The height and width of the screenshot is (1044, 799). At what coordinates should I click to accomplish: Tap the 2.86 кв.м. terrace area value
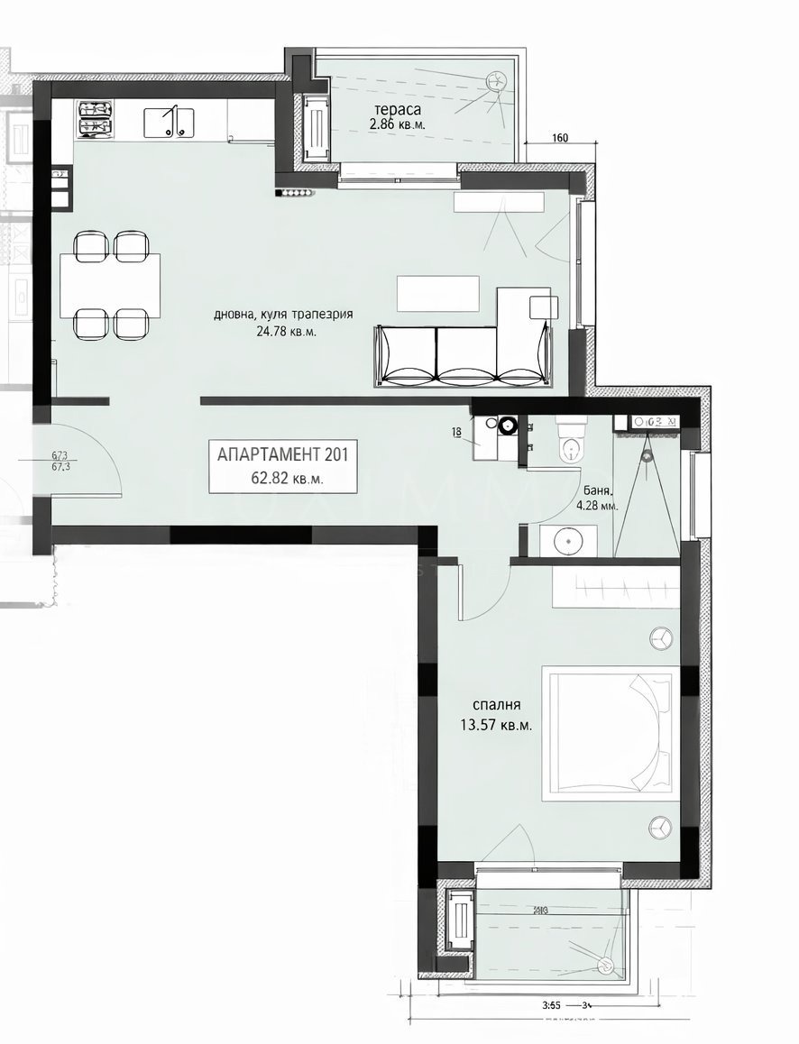pos(397,125)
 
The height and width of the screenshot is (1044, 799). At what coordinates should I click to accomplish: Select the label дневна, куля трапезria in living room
pos(282,315)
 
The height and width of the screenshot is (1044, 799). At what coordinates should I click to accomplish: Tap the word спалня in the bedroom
pos(497,705)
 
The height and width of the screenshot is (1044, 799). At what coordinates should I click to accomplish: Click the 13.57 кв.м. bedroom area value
pos(495,722)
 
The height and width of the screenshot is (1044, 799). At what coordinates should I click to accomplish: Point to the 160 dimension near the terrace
pos(559,139)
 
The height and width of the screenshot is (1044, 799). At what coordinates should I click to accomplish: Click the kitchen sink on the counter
pos(170,121)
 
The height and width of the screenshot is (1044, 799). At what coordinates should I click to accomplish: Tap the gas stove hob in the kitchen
pos(96,120)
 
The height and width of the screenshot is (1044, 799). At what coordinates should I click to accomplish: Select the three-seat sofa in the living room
pos(461,357)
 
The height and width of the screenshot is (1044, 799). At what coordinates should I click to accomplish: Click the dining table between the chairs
pos(110,285)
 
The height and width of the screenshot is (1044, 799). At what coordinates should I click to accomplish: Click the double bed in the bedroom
pos(609,732)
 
